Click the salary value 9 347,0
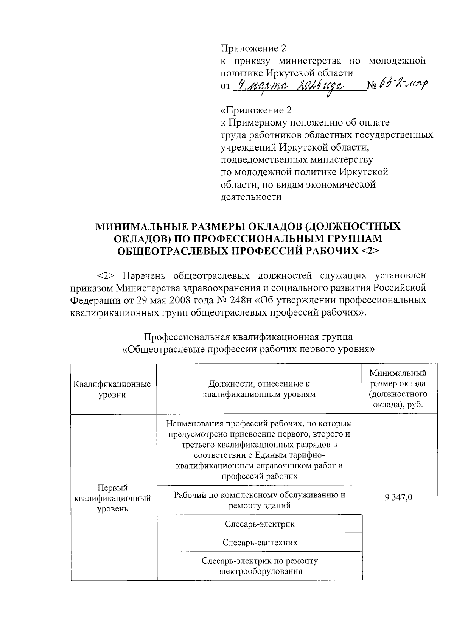pyautogui.click(x=399, y=497)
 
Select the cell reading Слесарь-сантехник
pyautogui.click(x=260, y=543)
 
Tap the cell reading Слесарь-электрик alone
pyautogui.click(x=260, y=524)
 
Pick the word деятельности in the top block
pyautogui.click(x=251, y=197)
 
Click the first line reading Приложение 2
pyautogui.click(x=253, y=48)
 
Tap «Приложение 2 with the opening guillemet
pyautogui.click(x=256, y=110)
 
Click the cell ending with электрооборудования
pyautogui.click(x=260, y=566)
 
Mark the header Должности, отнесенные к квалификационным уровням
pyautogui.click(x=260, y=389)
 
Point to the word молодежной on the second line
pyautogui.click(x=397, y=61)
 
